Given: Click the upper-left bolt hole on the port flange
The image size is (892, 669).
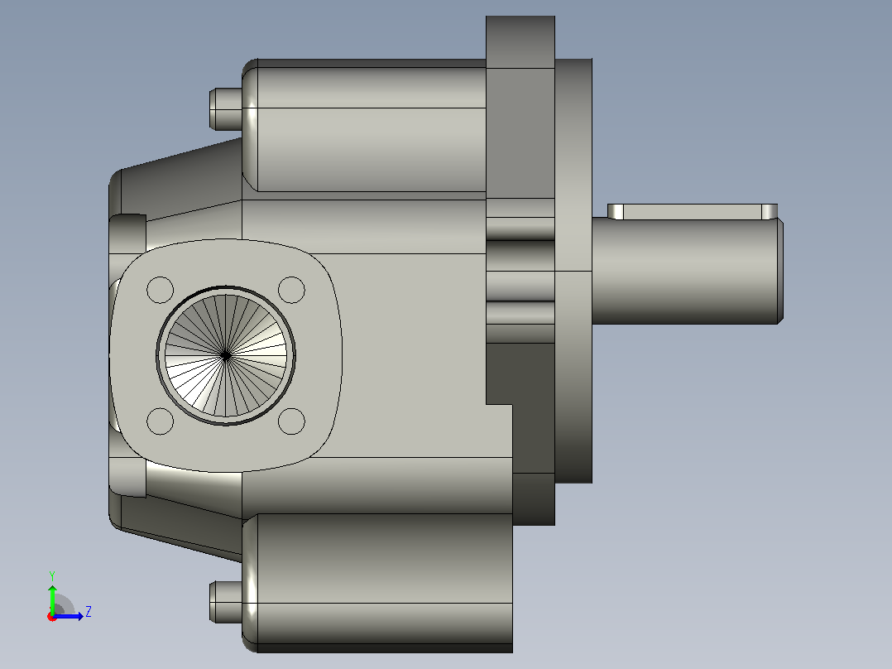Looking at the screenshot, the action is coord(160,290).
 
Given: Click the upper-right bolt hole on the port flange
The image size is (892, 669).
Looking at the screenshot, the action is coord(291,290).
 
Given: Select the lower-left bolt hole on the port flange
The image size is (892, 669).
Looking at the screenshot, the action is coord(160,421).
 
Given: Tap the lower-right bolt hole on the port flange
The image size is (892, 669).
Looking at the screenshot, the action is coord(291,421).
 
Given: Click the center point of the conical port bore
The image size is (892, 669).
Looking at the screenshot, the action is coord(225,356).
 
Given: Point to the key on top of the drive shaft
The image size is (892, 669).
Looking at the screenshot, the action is coord(693,212).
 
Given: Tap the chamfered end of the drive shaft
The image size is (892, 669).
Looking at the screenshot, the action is coord(780,271).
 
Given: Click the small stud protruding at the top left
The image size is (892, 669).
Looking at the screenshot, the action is coord(226,108).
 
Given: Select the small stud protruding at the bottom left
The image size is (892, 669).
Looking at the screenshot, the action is coord(226,602).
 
